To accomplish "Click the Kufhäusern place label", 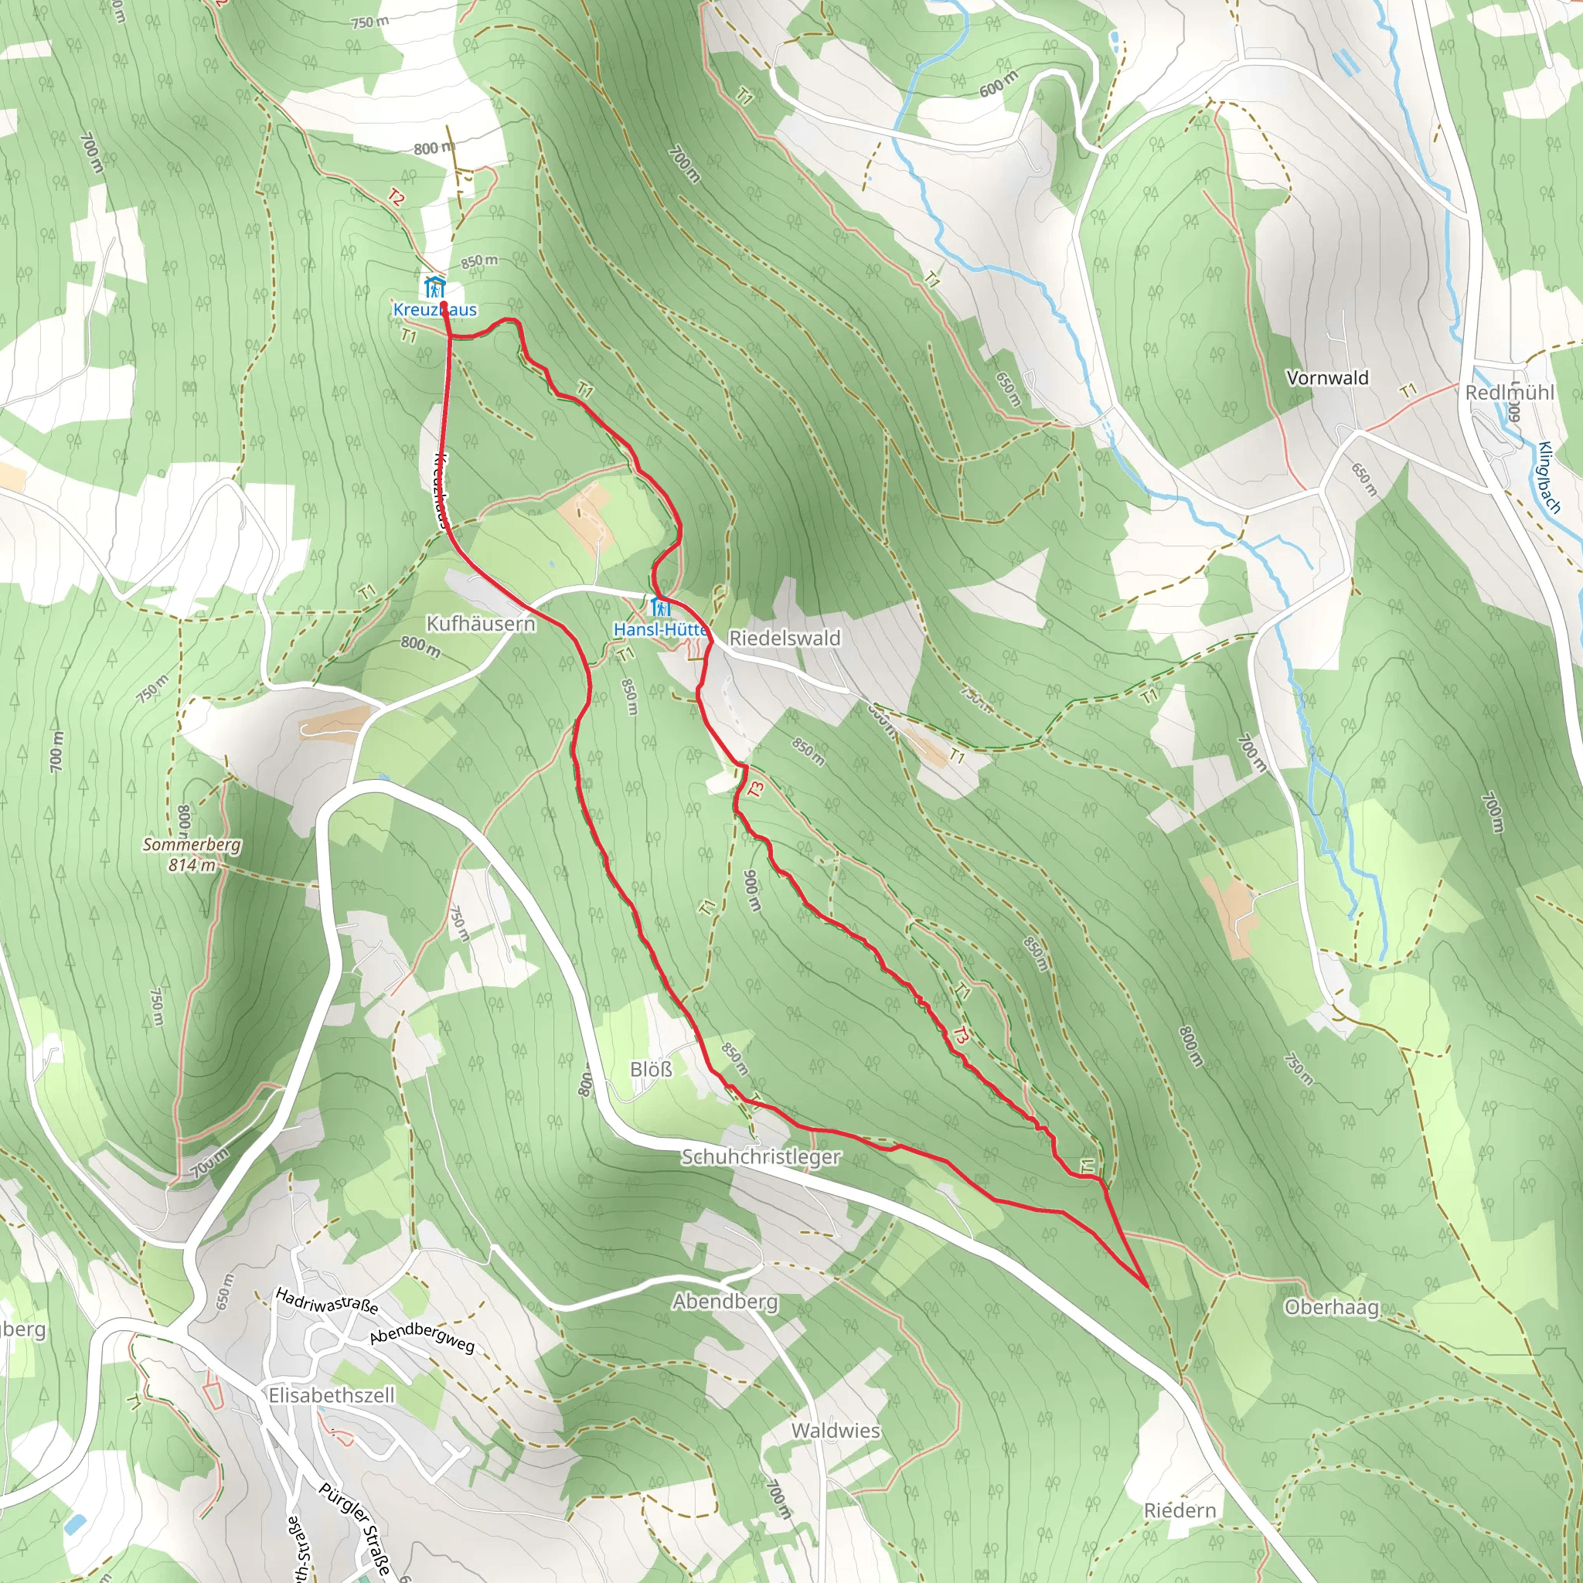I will pyautogui.click(x=480, y=624).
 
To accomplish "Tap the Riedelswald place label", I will pyautogui.click(x=784, y=638).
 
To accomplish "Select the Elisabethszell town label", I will pyautogui.click(x=331, y=1394).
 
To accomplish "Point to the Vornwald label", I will pyautogui.click(x=1327, y=378).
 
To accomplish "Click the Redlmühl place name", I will pyautogui.click(x=1510, y=393).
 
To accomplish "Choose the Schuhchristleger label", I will pyautogui.click(x=761, y=1156).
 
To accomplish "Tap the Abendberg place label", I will pyautogui.click(x=725, y=1301).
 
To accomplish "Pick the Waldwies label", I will pyautogui.click(x=835, y=1430).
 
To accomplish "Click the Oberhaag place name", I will pyautogui.click(x=1332, y=1307).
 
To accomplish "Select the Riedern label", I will pyautogui.click(x=1179, y=1510).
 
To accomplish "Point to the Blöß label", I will pyautogui.click(x=651, y=1069).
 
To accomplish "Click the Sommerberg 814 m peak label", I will pyautogui.click(x=192, y=854).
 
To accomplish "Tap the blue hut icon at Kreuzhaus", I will pyautogui.click(x=434, y=287).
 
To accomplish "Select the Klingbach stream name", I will pyautogui.click(x=1548, y=477).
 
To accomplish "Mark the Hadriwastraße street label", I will pyautogui.click(x=326, y=1300).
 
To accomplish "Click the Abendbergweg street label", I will pyautogui.click(x=421, y=1337).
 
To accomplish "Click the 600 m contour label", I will pyautogui.click(x=998, y=83).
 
